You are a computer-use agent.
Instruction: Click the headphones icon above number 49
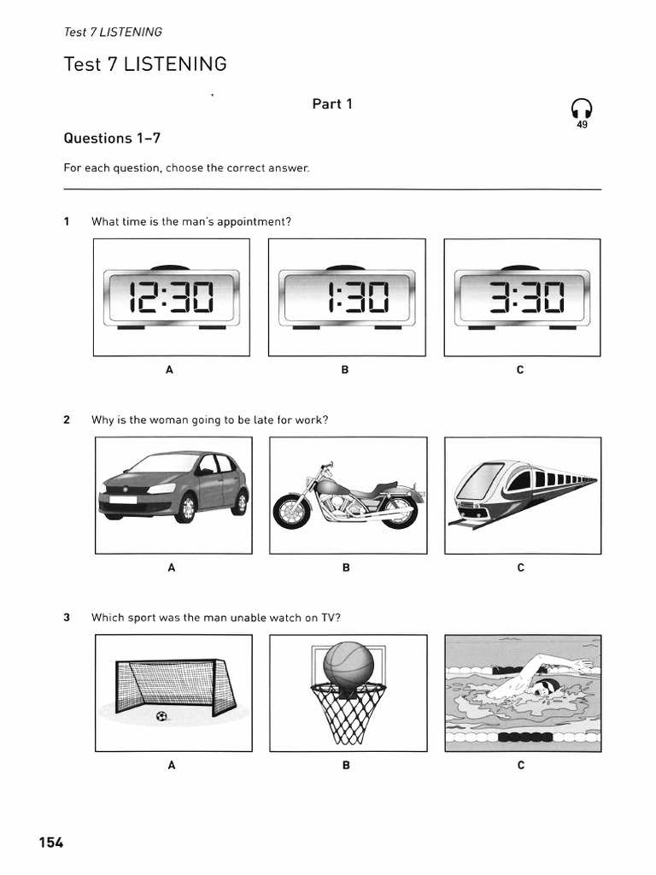[582, 109]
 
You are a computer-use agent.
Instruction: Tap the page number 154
[50, 843]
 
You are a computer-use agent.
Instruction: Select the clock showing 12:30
[172, 297]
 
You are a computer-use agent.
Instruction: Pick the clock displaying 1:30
[346, 297]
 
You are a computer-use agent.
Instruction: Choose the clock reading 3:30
[521, 297]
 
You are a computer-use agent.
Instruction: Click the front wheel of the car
[185, 508]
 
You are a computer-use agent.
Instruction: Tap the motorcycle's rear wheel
[398, 513]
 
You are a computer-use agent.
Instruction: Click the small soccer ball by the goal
[161, 717]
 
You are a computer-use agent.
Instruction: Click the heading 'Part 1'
[332, 104]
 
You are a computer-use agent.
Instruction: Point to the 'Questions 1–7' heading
[112, 138]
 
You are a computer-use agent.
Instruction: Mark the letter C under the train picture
[520, 567]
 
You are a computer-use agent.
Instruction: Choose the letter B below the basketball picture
[346, 766]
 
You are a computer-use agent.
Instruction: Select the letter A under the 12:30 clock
[169, 370]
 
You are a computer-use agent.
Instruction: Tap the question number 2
[67, 420]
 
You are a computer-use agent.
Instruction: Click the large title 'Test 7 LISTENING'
[145, 64]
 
